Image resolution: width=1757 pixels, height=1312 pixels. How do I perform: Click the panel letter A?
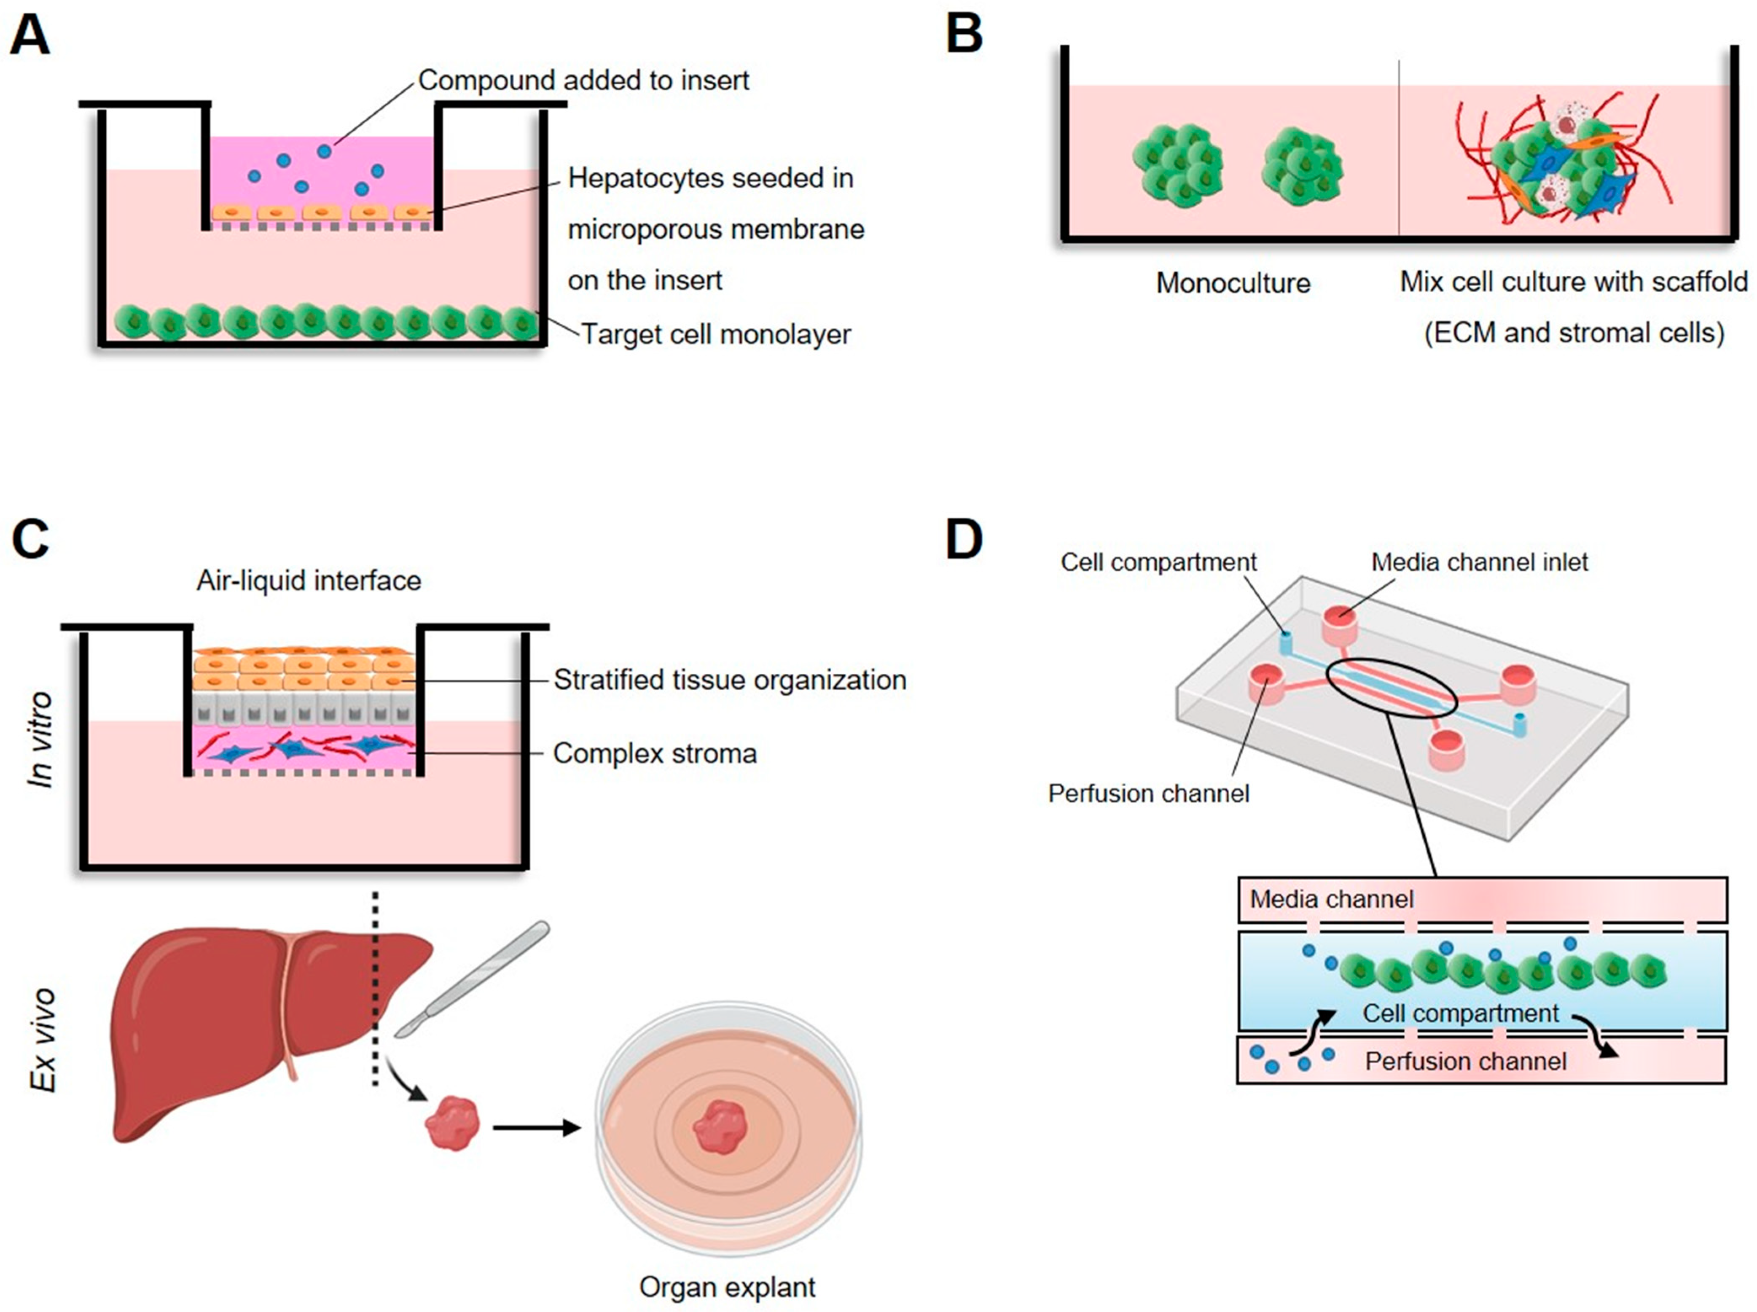[x=30, y=36]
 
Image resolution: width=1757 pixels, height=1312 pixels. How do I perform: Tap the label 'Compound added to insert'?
[x=583, y=80]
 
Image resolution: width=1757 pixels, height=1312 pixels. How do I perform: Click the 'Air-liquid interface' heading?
[x=309, y=581]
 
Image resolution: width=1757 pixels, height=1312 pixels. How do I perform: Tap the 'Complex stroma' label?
[x=655, y=753]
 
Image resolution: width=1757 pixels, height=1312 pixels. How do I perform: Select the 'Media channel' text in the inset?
[x=1331, y=899]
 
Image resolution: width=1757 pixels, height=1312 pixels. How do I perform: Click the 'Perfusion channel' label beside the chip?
[x=1148, y=793]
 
